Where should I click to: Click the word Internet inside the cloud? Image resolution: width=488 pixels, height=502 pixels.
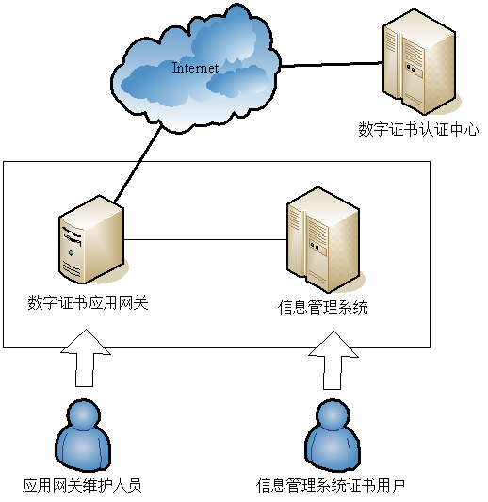(195, 68)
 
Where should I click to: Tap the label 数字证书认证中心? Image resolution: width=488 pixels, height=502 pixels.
(418, 130)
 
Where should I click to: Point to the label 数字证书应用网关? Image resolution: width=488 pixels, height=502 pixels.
(88, 302)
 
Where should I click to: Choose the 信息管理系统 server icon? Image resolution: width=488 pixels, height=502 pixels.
(325, 239)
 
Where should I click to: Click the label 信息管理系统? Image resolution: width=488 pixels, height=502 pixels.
(323, 307)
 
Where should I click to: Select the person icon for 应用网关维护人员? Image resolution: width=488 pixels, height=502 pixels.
(83, 435)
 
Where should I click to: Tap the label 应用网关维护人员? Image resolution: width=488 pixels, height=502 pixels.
(82, 485)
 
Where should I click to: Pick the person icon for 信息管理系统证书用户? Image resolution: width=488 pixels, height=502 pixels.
(333, 435)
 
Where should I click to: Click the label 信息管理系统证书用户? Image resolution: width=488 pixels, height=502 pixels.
(331, 485)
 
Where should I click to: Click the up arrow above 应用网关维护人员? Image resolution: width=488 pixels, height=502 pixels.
(86, 358)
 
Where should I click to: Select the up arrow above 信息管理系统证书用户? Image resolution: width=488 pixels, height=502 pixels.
(333, 360)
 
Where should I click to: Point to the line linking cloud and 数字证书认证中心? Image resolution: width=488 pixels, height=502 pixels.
(332, 64)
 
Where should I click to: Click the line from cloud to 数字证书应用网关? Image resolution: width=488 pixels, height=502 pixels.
(138, 164)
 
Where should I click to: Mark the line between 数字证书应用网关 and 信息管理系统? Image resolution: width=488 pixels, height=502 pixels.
(205, 239)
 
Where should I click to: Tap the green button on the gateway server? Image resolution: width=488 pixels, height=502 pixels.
(71, 253)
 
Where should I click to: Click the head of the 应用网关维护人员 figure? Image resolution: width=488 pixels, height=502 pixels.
(84, 415)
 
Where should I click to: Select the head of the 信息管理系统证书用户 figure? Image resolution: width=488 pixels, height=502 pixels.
(333, 415)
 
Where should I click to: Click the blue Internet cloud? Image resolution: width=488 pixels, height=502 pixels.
(196, 69)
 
